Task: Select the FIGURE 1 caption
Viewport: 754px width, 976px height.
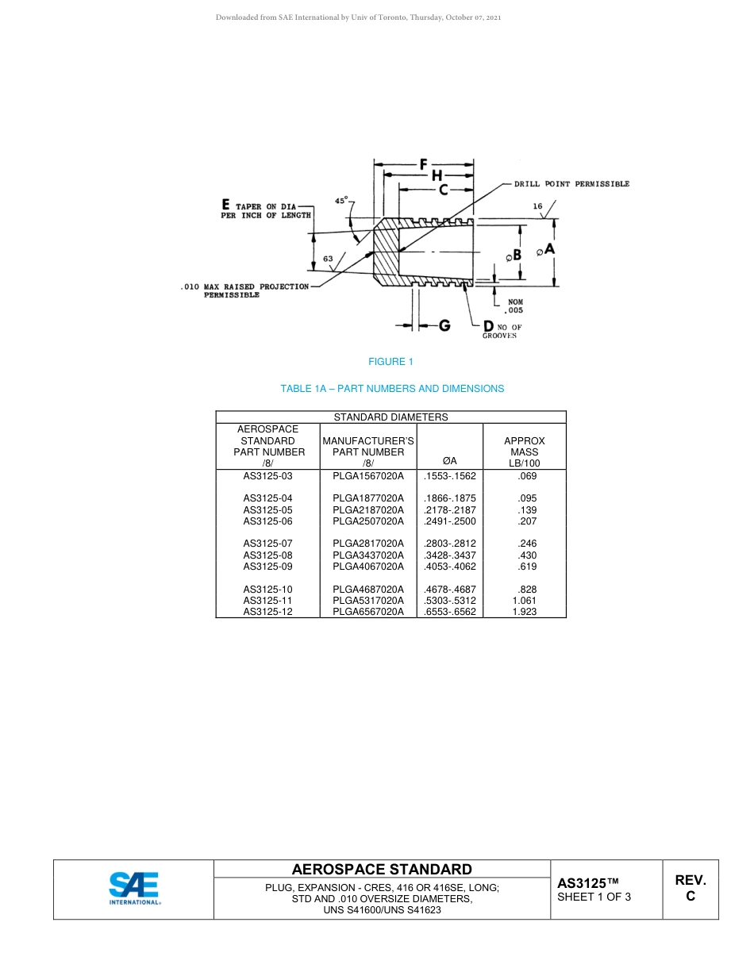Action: [390, 362]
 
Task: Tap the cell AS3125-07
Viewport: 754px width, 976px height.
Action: [267, 544]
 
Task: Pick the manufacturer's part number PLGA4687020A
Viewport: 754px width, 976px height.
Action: [368, 590]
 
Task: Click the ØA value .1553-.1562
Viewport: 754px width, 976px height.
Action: [450, 476]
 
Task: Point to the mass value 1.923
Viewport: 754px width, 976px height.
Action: [525, 612]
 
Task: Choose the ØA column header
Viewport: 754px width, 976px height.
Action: [449, 461]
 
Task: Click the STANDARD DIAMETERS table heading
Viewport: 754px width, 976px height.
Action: [390, 417]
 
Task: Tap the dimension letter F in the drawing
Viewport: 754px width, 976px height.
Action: [424, 164]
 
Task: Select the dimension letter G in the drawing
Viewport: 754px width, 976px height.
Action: [444, 325]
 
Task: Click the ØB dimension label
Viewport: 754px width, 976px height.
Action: [513, 255]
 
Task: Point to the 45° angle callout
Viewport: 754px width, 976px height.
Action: [342, 202]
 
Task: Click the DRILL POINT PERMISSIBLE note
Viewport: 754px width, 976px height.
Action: [571, 184]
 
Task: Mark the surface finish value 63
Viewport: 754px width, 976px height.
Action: [328, 259]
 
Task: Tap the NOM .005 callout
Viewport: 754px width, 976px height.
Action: [514, 306]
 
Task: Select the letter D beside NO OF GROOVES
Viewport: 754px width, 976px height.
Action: [488, 326]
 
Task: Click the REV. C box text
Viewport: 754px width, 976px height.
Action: [690, 888]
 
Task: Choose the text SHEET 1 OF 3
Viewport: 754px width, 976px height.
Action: [594, 897]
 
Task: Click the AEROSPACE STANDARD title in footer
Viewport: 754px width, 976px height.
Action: [382, 870]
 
